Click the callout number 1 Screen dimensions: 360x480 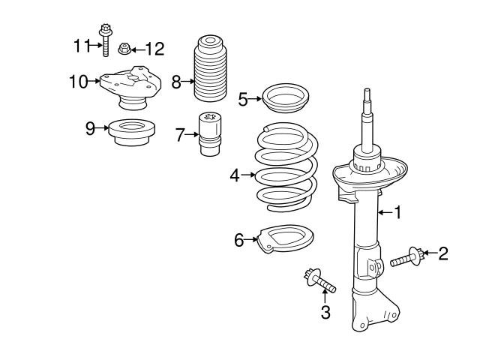397,213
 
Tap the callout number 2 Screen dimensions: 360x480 443,253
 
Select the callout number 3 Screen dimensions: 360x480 325,312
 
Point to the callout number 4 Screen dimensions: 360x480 235,175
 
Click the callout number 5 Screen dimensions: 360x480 243,98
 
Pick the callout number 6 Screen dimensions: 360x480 239,240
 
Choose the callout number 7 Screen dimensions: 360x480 179,135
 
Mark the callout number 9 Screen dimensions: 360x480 91,128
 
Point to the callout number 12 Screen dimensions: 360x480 154,49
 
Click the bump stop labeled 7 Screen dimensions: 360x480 208,133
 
